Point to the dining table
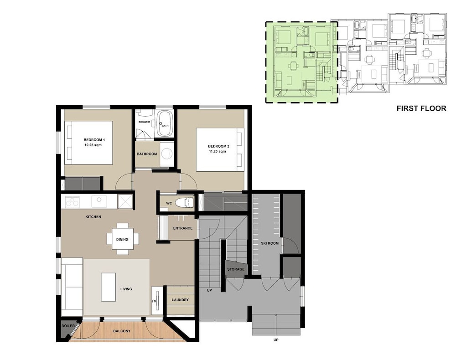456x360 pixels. [122, 239]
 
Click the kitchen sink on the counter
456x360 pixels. [99, 201]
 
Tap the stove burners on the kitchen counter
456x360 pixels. [72, 202]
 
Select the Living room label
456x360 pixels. [126, 289]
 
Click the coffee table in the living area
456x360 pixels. [109, 287]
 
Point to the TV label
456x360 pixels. [154, 301]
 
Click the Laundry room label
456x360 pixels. [180, 300]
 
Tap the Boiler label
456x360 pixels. [68, 326]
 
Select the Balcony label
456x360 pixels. [122, 331]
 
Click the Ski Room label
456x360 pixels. [269, 243]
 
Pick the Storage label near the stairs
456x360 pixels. [236, 269]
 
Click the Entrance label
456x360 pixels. [183, 228]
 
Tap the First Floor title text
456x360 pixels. [421, 108]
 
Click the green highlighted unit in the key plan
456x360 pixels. [301, 62]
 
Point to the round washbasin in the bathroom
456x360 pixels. [167, 154]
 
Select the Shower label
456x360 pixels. [144, 122]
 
